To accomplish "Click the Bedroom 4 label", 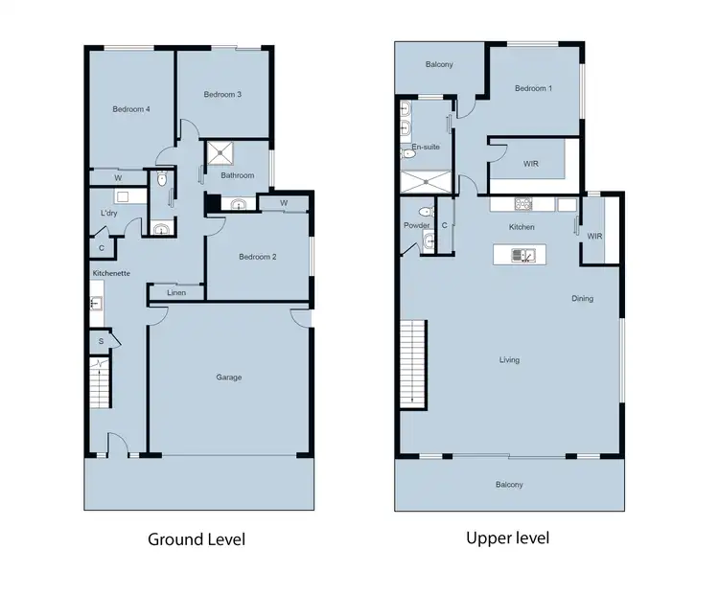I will pos(130,109).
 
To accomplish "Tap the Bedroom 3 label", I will pos(222,94).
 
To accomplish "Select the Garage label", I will pos(228,378).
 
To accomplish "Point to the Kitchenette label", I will pos(111,274).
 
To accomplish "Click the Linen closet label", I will pos(176,292).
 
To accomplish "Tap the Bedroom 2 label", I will pos(258,257).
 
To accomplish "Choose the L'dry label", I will pos(109,213).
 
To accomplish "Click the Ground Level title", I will pos(196,539).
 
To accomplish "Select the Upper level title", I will pos(507,538).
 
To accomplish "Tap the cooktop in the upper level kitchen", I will pos(523,204).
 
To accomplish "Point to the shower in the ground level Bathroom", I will pos(222,152).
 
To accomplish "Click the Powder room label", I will pos(417,226).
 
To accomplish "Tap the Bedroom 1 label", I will pos(533,89).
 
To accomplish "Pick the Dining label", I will pos(582,299).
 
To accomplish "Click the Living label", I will pos(509,360).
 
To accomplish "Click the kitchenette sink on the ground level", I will pos(96,304).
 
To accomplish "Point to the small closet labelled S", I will pos(101,341).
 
